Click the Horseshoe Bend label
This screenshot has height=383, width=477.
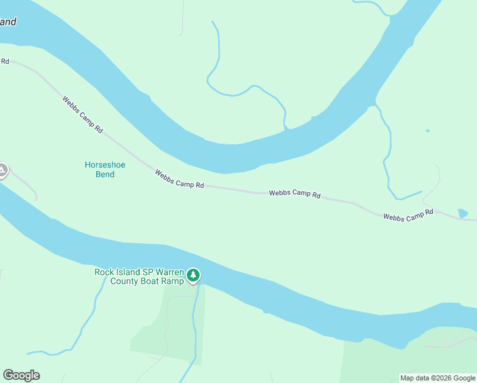105,169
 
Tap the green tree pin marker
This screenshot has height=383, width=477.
193,276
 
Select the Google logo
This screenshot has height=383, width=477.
21,375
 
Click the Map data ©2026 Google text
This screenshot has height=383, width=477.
437,378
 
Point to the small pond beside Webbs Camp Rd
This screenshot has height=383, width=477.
462,213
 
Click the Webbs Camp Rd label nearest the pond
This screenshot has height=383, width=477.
408,214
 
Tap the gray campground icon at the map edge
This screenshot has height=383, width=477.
2,170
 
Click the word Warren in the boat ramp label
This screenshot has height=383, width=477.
168,272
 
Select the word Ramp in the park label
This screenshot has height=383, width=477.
173,282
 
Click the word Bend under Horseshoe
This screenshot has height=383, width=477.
105,174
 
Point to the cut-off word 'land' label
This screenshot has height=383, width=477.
8,22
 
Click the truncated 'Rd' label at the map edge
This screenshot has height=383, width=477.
4,61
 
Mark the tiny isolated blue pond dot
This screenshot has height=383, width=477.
427,131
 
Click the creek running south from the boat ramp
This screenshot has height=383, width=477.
194,326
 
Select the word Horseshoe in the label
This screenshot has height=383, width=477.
105,165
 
